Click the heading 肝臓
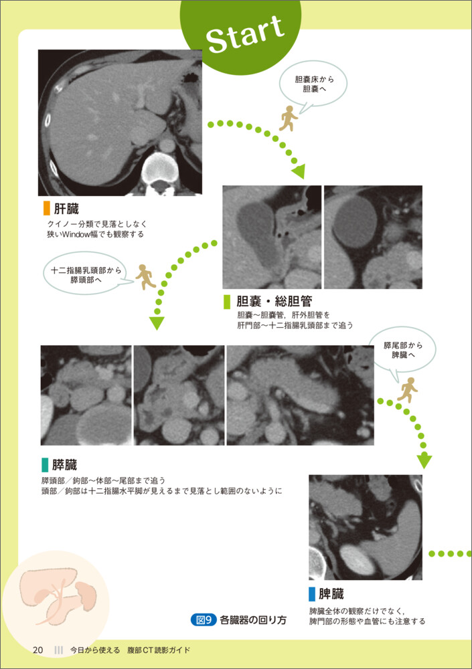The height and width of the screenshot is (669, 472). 66,209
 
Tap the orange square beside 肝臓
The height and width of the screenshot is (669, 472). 47,209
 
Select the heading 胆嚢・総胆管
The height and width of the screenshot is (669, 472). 274,301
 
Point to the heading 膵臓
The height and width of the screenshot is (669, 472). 64,465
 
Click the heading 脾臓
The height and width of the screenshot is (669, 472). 331,593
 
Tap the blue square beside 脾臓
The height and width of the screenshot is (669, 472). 312,593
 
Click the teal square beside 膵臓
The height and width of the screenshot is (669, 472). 45,465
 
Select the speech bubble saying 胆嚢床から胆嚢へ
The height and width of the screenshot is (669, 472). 313,84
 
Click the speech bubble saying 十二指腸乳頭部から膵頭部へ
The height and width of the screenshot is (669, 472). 86,274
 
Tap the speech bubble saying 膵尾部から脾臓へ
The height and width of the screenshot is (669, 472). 402,351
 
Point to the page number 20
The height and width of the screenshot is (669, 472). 38,650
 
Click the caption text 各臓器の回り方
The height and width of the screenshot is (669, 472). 253,620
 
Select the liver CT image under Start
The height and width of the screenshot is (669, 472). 120,123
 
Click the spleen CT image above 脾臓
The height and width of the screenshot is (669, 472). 366,527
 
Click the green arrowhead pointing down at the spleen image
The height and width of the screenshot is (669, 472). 424,462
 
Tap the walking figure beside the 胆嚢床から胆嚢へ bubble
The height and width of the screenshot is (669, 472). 289,118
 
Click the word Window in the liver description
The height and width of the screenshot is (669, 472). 76,234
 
